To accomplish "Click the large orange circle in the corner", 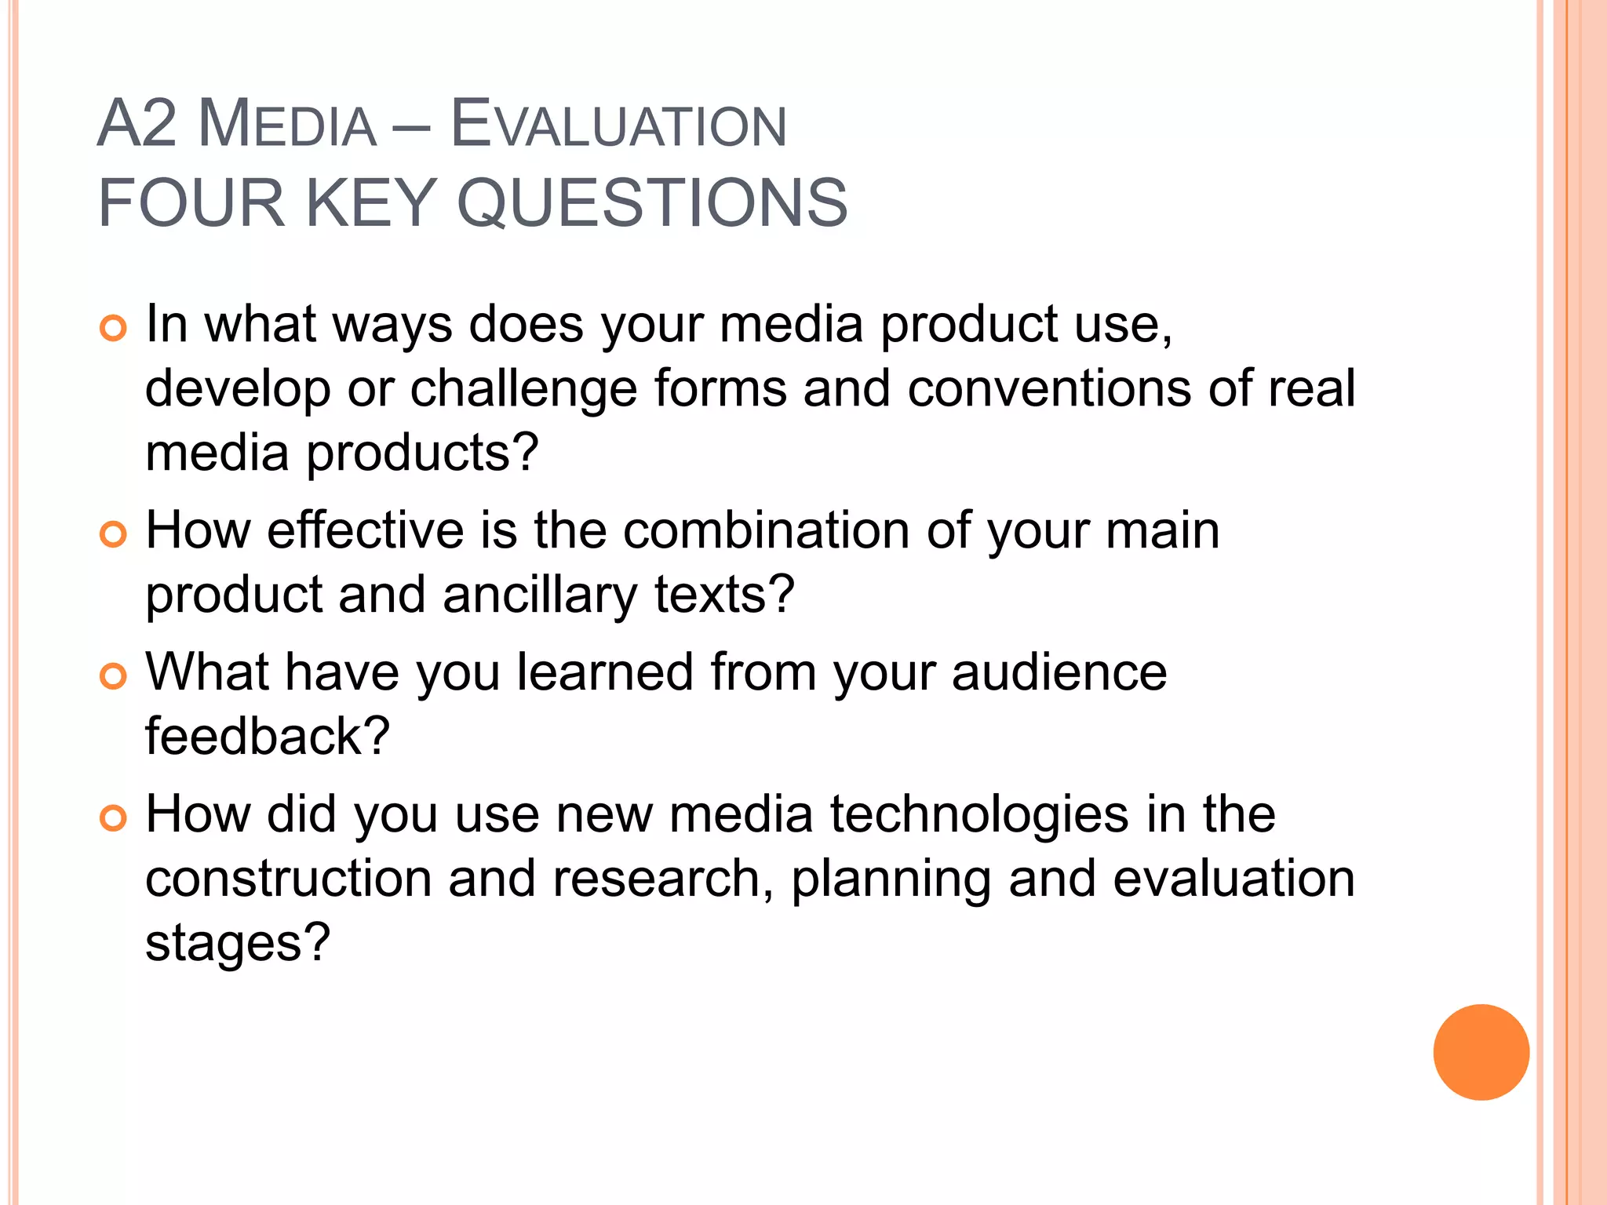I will [x=1481, y=1052].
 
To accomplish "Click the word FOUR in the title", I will [x=191, y=202].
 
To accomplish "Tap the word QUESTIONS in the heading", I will [x=652, y=202].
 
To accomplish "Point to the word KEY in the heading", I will [x=370, y=202].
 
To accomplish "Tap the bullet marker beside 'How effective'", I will [x=114, y=534].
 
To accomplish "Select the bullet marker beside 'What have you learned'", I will [x=114, y=675].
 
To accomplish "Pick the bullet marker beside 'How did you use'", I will [x=114, y=817].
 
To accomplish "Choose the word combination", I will [x=767, y=530].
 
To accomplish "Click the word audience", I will [x=1059, y=672].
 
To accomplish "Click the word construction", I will [x=289, y=879].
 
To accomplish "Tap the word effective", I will [x=366, y=530].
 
